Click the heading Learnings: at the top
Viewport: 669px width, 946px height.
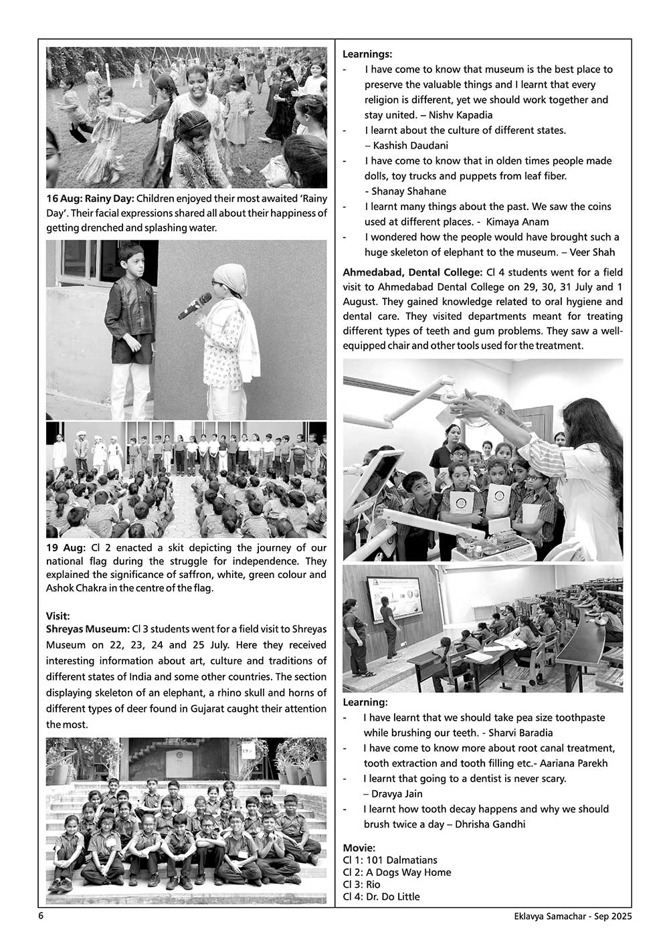[x=367, y=54]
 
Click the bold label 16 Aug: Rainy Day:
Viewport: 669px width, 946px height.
[x=90, y=199]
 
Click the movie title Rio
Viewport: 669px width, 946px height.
[x=373, y=884]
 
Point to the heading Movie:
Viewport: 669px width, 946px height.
[x=359, y=848]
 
